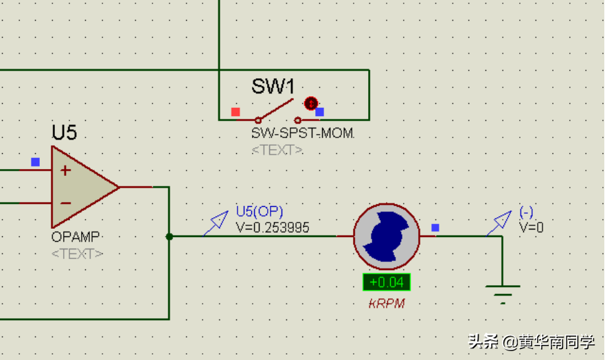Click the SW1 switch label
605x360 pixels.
[x=273, y=87]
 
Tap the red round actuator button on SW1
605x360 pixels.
[x=310, y=104]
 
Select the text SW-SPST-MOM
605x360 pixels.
[x=302, y=133]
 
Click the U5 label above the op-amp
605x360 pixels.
[x=64, y=133]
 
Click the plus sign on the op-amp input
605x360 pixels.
[x=65, y=170]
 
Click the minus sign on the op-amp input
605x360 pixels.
[x=65, y=203]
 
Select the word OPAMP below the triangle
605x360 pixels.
[x=76, y=238]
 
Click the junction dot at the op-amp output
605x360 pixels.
[x=169, y=236]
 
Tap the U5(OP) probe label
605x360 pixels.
[x=259, y=212]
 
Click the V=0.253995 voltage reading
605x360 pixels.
[x=272, y=227]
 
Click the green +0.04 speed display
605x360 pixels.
[x=387, y=282]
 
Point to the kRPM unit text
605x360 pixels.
[x=386, y=304]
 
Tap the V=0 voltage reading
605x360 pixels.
[x=532, y=227]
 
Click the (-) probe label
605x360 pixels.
[x=526, y=212]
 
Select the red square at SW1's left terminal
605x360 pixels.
[x=236, y=111]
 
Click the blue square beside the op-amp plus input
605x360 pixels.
[x=35, y=162]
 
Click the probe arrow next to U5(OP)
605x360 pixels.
[x=217, y=222]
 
